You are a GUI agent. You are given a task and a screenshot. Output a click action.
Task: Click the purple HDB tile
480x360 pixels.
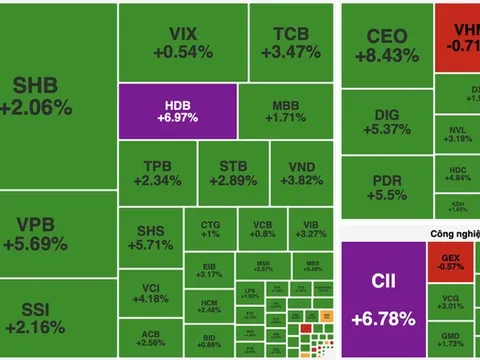pyautogui.click(x=177, y=111)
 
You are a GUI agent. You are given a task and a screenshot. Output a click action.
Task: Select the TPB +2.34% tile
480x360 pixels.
pyautogui.click(x=155, y=172)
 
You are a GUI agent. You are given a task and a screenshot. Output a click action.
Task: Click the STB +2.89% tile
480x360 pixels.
pyautogui.click(x=226, y=172)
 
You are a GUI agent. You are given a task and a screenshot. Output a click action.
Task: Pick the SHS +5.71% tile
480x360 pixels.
pyautogui.click(x=151, y=236)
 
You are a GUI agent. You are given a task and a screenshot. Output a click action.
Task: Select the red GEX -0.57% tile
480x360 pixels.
pyautogui.click(x=451, y=262)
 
